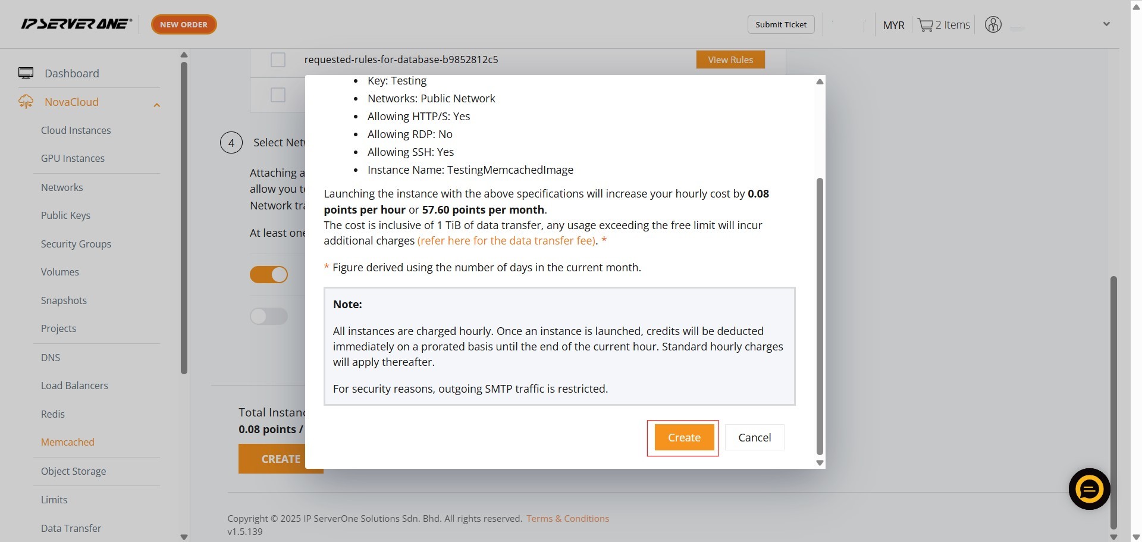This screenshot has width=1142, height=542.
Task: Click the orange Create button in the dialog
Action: [684, 437]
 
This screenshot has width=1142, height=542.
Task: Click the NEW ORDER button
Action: [184, 24]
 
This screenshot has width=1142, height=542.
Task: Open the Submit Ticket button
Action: [781, 24]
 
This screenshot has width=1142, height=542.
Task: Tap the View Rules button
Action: [730, 59]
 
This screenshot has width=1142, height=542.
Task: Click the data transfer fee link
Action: [507, 240]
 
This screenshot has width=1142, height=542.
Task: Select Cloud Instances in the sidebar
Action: [76, 130]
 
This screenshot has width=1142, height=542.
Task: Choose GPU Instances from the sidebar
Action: [73, 158]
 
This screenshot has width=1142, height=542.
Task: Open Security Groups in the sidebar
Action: [76, 244]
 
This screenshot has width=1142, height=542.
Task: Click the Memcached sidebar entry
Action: [68, 442]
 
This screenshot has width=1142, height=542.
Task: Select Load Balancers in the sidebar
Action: [74, 386]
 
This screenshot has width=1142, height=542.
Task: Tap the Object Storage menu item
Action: [73, 471]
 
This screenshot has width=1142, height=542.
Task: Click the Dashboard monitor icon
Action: [26, 73]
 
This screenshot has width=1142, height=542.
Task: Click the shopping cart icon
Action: [925, 25]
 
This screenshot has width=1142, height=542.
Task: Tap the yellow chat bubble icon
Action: [1089, 489]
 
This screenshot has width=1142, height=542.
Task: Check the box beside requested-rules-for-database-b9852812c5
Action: [278, 59]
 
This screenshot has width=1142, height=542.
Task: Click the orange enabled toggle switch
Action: [269, 274]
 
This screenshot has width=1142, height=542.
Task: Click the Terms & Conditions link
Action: [567, 518]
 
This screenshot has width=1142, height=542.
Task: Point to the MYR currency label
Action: [893, 25]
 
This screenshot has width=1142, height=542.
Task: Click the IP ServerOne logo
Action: [76, 24]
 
